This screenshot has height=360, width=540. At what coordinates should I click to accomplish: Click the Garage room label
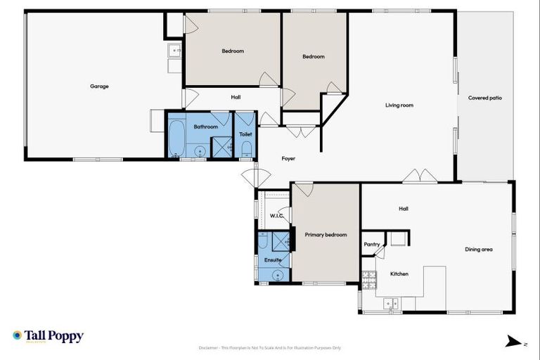[99, 86]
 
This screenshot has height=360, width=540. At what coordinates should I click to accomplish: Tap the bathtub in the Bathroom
[176, 139]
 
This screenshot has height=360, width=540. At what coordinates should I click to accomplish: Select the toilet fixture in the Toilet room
[246, 149]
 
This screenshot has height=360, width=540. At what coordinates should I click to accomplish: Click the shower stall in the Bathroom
[222, 146]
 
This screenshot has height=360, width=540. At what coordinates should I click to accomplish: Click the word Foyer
[288, 158]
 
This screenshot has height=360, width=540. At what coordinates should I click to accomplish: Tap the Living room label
[399, 105]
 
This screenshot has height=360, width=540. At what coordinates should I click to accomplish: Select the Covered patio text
[486, 98]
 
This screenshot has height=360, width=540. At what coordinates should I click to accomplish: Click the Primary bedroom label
[326, 235]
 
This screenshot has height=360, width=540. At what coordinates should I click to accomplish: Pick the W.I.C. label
[276, 216]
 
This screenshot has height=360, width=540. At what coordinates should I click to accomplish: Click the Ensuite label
[273, 260]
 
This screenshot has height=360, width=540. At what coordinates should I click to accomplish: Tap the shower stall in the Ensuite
[280, 241]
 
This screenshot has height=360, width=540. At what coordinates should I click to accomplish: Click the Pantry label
[372, 245]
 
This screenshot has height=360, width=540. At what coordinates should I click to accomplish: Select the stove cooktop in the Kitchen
[368, 281]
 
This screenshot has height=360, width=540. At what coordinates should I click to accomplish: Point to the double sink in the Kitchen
[391, 303]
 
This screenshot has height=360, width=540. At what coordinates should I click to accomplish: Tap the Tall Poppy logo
[48, 336]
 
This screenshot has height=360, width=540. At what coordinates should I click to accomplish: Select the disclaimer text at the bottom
[270, 347]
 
